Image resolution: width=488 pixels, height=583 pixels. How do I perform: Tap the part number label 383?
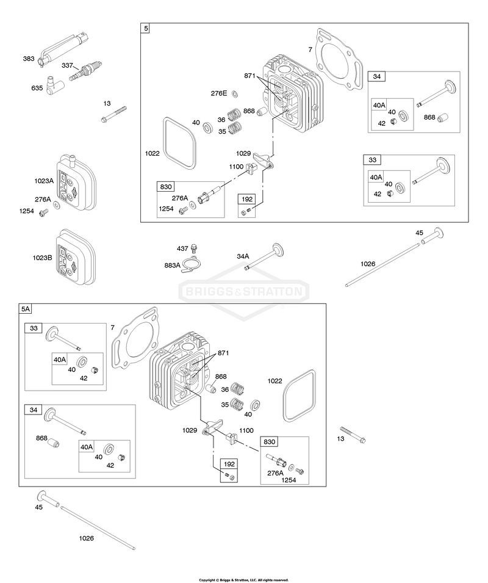click(x=29, y=59)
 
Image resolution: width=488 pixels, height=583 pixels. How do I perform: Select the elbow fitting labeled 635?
click(x=52, y=85)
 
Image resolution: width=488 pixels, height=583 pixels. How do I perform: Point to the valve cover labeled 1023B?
click(x=76, y=257)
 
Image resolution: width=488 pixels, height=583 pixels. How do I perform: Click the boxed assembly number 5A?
click(x=26, y=309)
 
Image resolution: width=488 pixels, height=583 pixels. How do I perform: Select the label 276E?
click(x=219, y=93)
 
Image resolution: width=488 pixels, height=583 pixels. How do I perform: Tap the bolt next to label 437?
click(x=194, y=248)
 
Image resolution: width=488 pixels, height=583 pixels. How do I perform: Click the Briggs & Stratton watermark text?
click(x=243, y=291)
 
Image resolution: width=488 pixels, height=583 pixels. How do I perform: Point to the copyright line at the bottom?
click(x=243, y=580)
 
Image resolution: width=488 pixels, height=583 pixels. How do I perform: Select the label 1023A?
click(x=44, y=181)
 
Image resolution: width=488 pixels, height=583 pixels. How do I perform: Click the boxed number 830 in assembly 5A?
click(x=269, y=442)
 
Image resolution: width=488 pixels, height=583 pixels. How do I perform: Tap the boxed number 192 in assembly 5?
click(x=247, y=199)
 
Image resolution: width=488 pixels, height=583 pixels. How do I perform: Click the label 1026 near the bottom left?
click(x=86, y=538)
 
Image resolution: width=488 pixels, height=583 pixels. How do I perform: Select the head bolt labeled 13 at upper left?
click(x=113, y=114)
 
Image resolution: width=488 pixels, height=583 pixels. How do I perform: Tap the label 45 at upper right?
click(x=419, y=233)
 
